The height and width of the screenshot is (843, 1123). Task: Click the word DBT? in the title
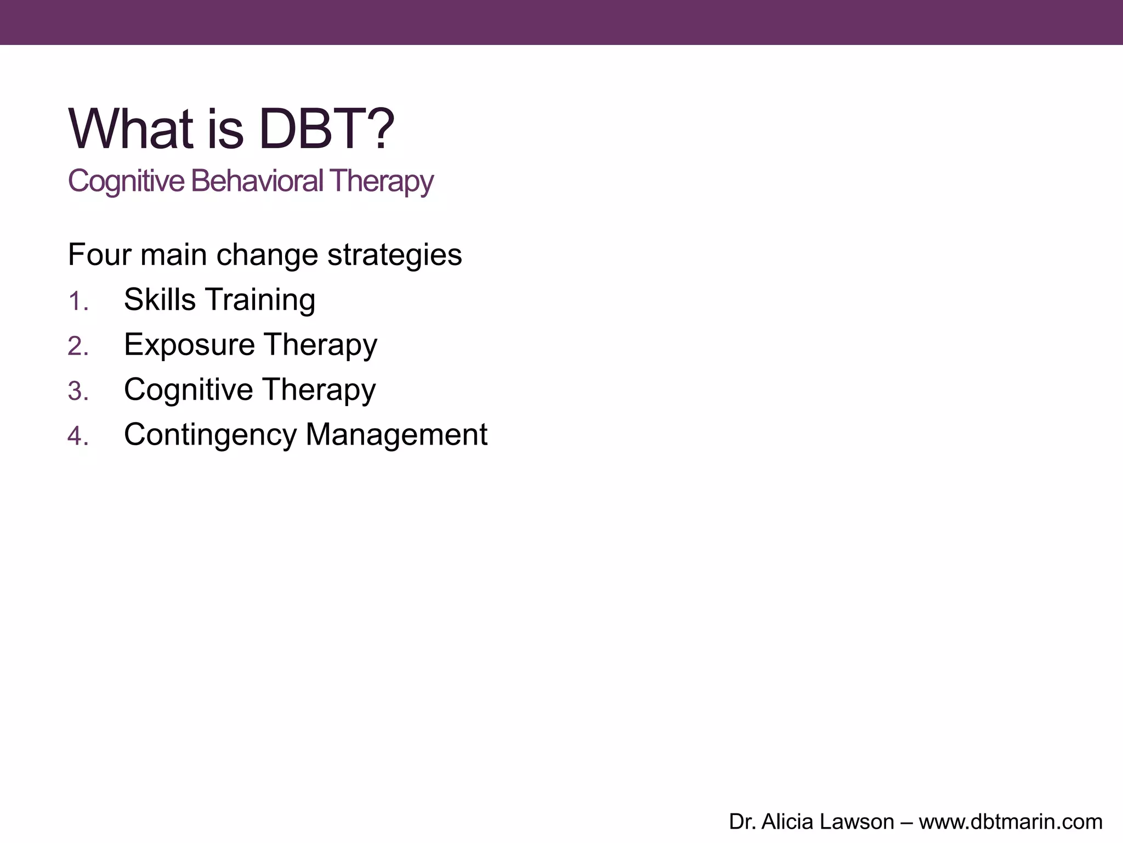[x=326, y=129]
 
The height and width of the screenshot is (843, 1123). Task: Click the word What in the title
[x=131, y=129]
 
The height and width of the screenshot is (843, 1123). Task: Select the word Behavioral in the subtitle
[x=257, y=181]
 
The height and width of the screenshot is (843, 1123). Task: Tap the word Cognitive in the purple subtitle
[x=126, y=181]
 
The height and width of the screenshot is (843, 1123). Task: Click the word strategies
[x=394, y=256]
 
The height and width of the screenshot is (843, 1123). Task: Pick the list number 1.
[x=77, y=301]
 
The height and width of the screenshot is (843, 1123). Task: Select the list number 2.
[x=77, y=346]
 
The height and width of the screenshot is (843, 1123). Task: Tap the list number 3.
[x=77, y=391]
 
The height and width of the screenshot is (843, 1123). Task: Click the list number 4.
[x=77, y=436]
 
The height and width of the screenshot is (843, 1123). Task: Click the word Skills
[x=160, y=300]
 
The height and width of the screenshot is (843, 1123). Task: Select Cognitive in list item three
[x=188, y=390]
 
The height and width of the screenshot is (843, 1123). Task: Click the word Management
[x=396, y=435]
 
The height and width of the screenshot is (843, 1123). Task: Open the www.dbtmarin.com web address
[x=1011, y=822]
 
